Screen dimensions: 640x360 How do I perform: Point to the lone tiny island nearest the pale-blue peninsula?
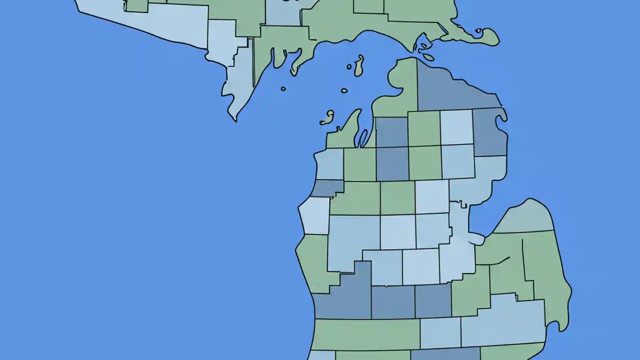coord(283,89)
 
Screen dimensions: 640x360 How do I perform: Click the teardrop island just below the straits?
coord(428,57)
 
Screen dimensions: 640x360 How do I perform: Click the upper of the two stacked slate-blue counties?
coord(391,132)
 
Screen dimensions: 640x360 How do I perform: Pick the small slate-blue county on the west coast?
coord(327,188)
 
